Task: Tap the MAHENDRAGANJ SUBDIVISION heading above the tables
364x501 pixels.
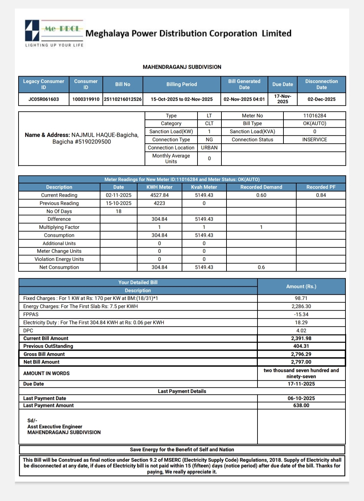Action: [x=182, y=67]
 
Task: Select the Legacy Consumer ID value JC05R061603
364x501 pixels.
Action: [x=43, y=99]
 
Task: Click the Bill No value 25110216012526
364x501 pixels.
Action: [x=123, y=99]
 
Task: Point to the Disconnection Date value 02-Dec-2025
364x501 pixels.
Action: [x=321, y=99]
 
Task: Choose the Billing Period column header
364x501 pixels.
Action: [x=182, y=84]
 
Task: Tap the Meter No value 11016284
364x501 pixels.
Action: [x=314, y=116]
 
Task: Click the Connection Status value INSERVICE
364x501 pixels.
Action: [x=314, y=139]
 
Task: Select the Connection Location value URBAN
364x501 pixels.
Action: [x=209, y=148]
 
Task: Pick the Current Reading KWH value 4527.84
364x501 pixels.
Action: [x=159, y=195]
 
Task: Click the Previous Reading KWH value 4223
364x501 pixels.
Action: [x=159, y=203]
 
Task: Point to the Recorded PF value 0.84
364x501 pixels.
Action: [x=321, y=195]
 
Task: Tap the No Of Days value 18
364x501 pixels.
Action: [x=119, y=211]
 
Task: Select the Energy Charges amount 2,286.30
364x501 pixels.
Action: [x=301, y=306]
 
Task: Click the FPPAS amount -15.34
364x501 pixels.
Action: [x=301, y=314]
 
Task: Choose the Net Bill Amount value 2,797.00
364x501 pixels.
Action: [x=301, y=362]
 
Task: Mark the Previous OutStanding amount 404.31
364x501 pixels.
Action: [x=301, y=346]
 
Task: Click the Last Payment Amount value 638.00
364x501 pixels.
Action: [x=301, y=405]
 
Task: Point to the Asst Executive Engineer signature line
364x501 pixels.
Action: [x=55, y=427]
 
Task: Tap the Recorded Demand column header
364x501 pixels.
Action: [x=261, y=187]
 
